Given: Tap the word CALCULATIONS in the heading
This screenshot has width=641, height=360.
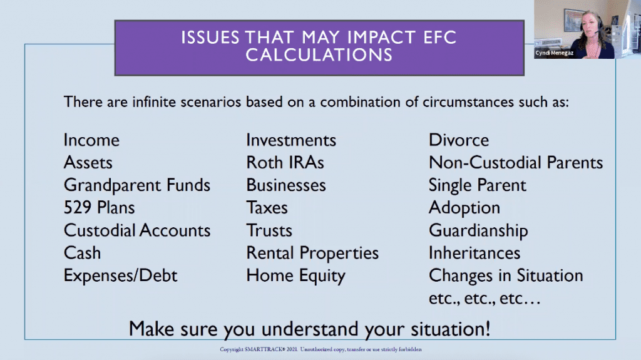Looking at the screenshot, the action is pyautogui.click(x=319, y=55).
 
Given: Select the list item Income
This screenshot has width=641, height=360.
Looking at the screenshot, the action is pyautogui.click(x=91, y=140).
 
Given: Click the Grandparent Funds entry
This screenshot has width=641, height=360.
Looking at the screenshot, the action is pyautogui.click(x=137, y=185).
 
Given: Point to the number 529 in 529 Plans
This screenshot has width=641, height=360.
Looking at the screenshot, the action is pyautogui.click(x=77, y=208).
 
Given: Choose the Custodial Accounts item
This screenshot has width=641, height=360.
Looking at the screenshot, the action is pyautogui.click(x=137, y=230).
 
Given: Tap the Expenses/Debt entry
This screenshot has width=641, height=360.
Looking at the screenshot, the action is pyautogui.click(x=121, y=275).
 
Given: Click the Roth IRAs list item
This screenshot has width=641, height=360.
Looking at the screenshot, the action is pyautogui.click(x=285, y=163).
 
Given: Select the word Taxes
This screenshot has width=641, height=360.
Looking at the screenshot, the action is pyautogui.click(x=267, y=208).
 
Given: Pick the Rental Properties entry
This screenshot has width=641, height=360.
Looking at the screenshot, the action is pyautogui.click(x=312, y=253).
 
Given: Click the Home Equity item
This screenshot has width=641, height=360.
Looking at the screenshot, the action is pyautogui.click(x=295, y=275).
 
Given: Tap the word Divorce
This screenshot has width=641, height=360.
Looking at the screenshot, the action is pyautogui.click(x=459, y=140).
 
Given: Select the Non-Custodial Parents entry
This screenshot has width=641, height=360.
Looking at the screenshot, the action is pyautogui.click(x=516, y=163).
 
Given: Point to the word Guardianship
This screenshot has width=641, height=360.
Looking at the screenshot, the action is pyautogui.click(x=478, y=231).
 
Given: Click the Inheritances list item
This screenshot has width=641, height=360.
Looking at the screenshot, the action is pyautogui.click(x=474, y=253).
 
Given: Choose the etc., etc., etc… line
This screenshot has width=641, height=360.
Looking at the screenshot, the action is pyautogui.click(x=485, y=299).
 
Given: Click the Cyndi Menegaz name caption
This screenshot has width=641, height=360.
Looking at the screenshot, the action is pyautogui.click(x=555, y=53).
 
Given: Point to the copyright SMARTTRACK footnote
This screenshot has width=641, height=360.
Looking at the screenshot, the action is pyautogui.click(x=320, y=349).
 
